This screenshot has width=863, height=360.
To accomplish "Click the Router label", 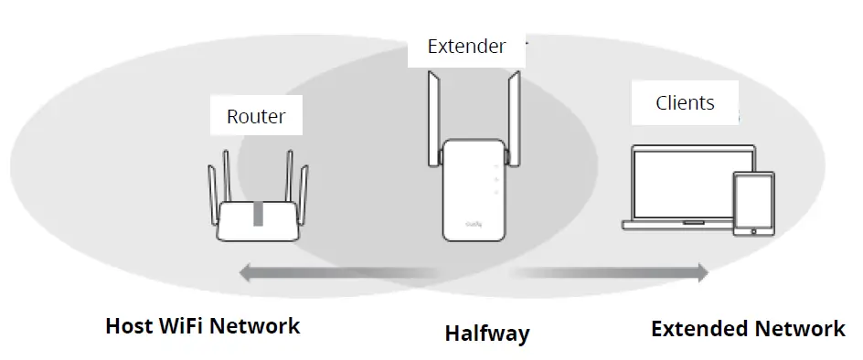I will (x=256, y=116).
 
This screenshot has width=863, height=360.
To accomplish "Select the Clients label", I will (x=685, y=103).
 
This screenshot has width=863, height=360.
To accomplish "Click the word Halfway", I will (x=486, y=334).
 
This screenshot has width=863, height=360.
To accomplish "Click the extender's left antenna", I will (x=433, y=119).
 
